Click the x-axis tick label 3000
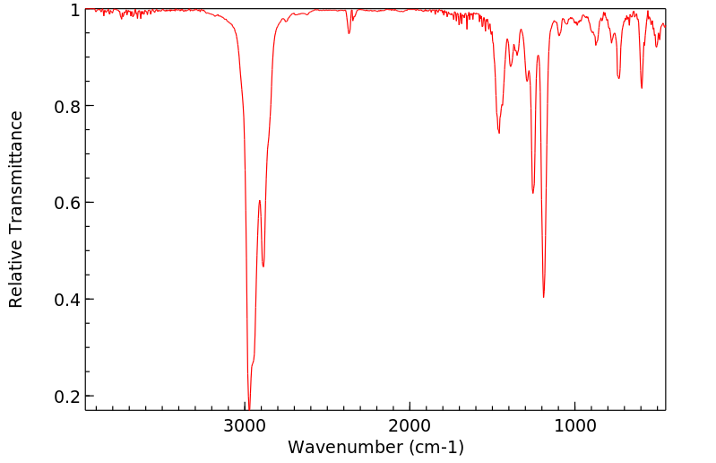(246, 423)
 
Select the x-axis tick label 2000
(410, 423)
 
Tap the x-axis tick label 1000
(574, 423)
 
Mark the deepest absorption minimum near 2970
(249, 406)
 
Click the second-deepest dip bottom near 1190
(543, 297)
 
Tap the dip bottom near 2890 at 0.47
(263, 266)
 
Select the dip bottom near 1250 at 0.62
(533, 193)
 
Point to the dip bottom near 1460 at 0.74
(499, 133)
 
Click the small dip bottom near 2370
(349, 33)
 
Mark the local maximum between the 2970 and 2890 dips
(259, 201)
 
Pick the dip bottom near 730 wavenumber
(618, 78)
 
